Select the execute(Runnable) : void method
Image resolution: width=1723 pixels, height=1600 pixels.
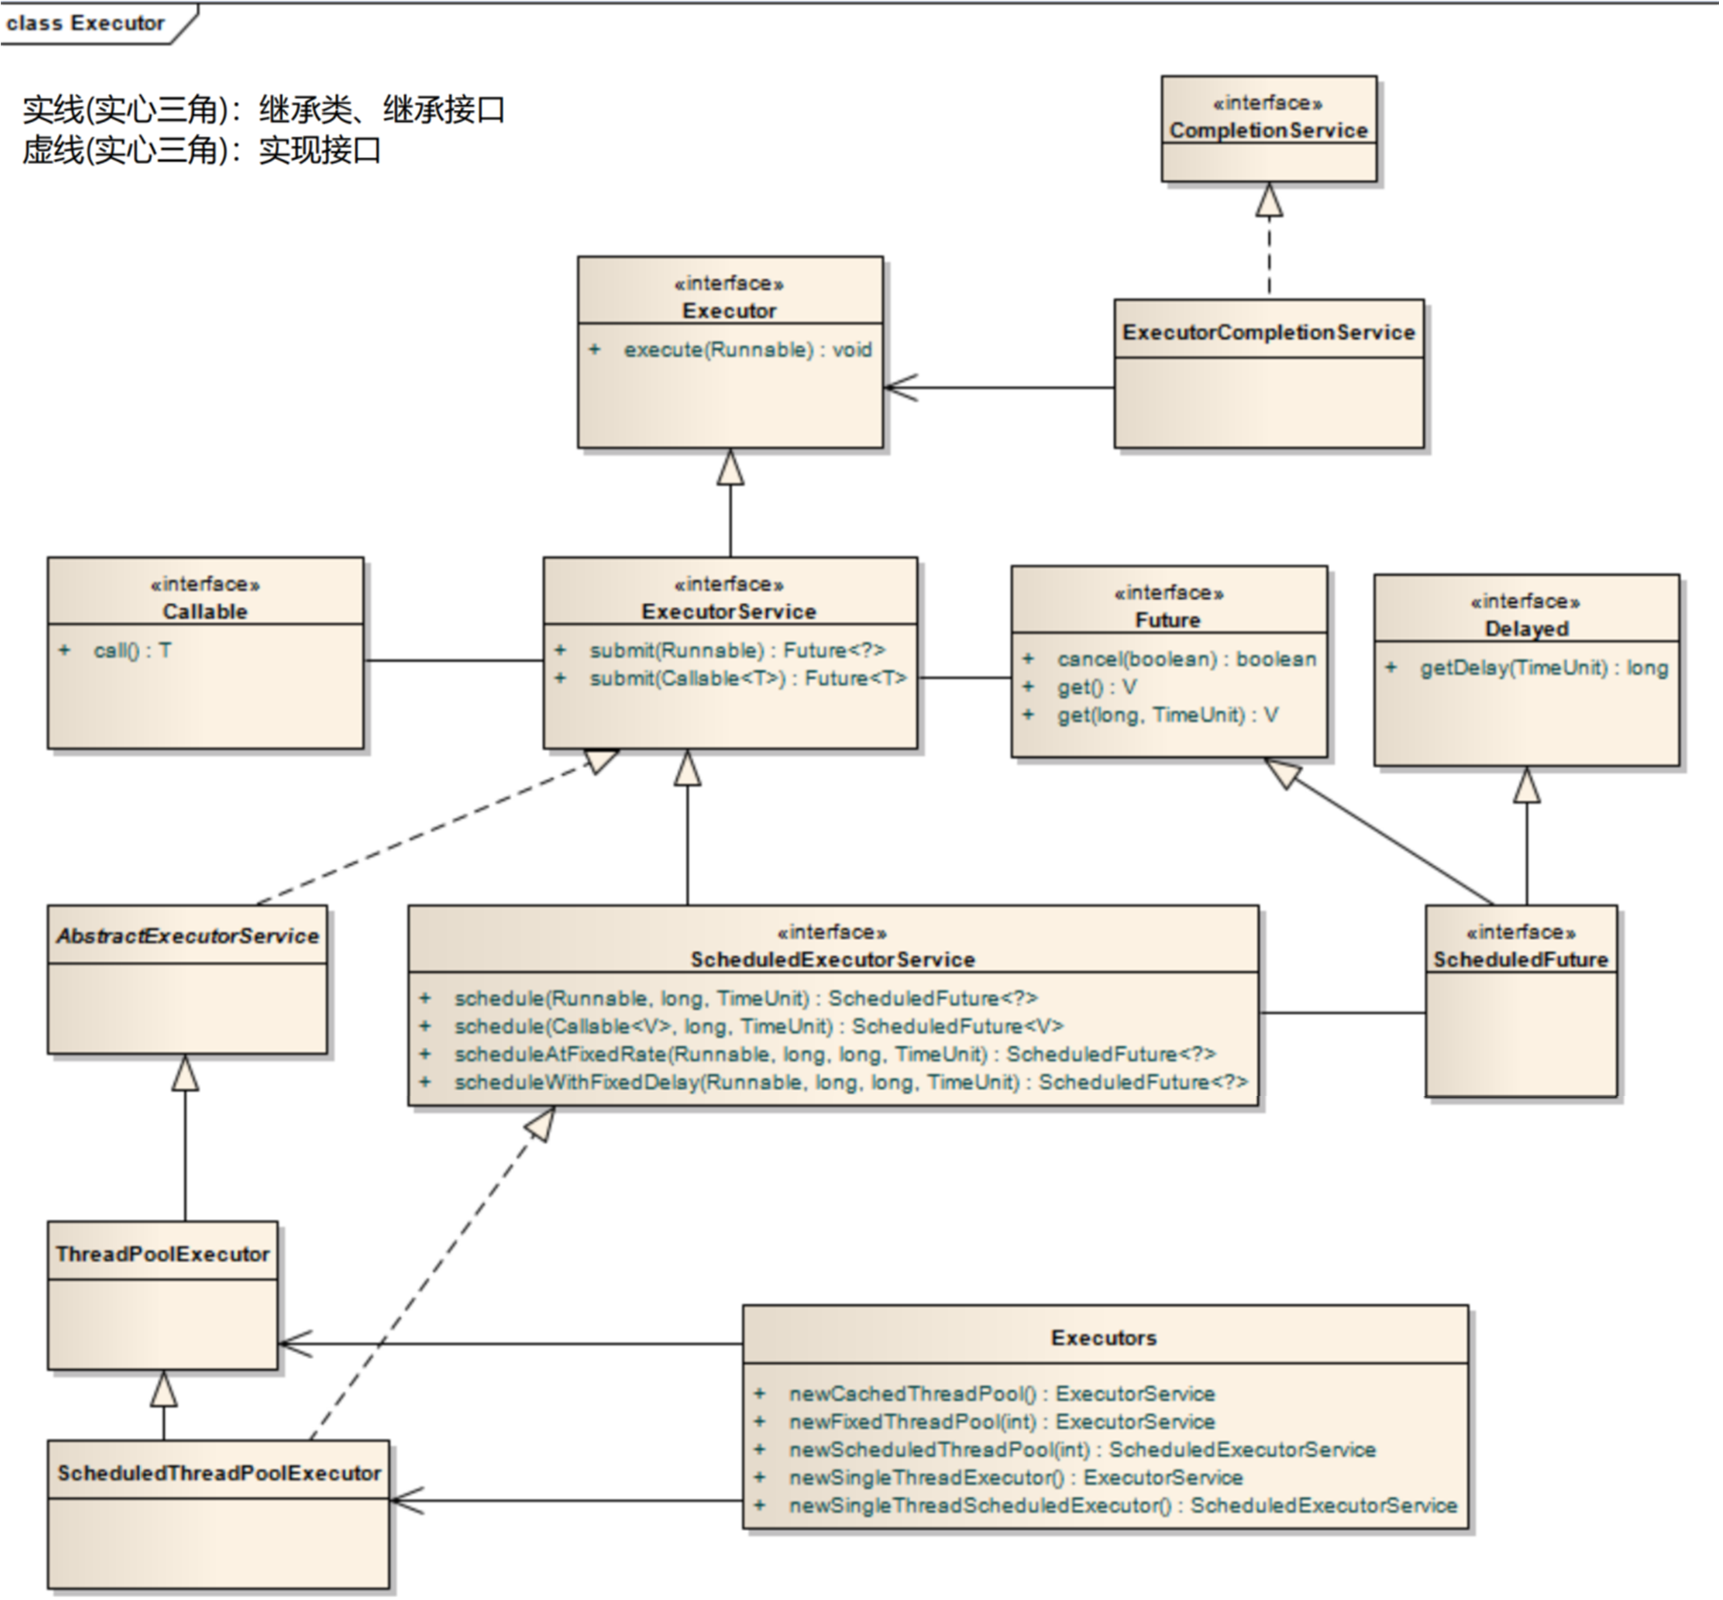[747, 350]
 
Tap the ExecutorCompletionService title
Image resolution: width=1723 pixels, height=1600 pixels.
[1268, 332]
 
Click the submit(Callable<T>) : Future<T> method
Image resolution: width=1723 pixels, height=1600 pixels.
[748, 678]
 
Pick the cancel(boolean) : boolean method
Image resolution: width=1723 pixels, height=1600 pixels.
[1186, 659]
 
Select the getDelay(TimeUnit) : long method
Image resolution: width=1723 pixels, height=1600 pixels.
[1544, 668]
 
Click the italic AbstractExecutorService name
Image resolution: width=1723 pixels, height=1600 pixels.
[188, 936]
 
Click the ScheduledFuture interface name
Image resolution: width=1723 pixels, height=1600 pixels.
[1521, 959]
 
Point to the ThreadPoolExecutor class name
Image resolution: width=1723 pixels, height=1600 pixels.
[163, 1254]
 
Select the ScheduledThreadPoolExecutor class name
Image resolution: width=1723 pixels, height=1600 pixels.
[219, 1473]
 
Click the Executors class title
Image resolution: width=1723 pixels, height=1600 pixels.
[1104, 1338]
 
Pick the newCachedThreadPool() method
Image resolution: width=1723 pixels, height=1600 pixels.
[1002, 1393]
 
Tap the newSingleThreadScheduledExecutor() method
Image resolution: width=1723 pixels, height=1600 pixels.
[1123, 1505]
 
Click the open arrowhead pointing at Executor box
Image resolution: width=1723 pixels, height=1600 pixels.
[901, 388]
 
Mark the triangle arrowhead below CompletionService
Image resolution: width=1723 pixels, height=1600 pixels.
[1269, 199]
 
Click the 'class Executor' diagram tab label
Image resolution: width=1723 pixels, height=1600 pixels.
[85, 23]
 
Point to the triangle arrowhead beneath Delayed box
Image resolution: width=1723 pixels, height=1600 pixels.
[1526, 784]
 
